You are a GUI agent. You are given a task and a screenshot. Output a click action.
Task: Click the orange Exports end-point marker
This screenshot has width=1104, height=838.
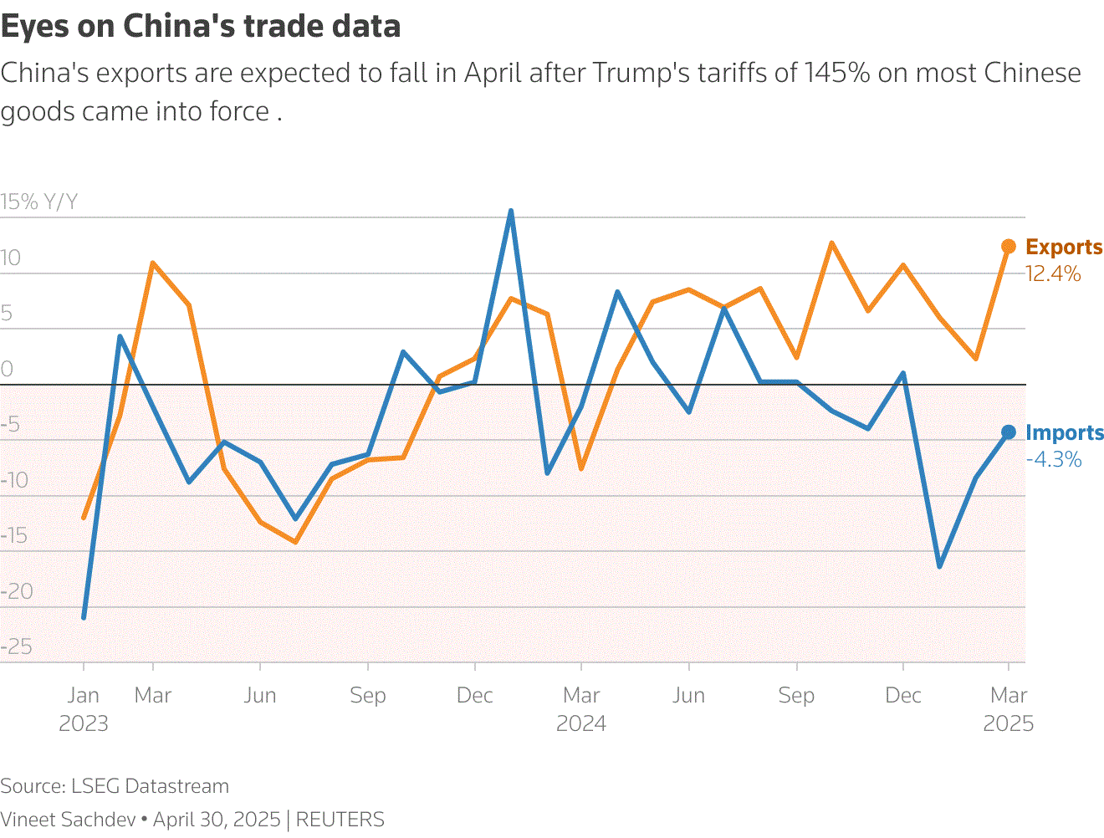[1009, 247]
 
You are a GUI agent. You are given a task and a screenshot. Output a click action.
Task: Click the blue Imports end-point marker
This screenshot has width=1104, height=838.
[1009, 432]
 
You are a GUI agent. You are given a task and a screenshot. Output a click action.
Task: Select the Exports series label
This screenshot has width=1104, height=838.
[1064, 248]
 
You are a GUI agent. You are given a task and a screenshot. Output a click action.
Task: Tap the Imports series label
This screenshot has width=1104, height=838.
[1065, 433]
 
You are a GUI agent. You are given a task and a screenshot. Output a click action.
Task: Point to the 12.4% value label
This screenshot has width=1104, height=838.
[1053, 274]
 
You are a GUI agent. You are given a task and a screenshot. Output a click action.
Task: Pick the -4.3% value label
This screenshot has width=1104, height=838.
[1054, 460]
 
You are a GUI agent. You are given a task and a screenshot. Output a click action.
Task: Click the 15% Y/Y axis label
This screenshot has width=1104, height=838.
[38, 202]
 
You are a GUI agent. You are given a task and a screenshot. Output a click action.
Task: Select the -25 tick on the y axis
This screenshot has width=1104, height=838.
[17, 646]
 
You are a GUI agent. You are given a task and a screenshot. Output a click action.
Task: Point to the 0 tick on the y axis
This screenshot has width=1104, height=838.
[7, 369]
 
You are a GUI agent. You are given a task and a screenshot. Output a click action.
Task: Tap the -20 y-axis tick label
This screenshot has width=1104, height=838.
[17, 591]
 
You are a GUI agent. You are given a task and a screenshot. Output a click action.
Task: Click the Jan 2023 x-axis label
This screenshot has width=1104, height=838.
[83, 708]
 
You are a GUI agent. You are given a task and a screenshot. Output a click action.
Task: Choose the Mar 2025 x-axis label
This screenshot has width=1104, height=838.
[1009, 708]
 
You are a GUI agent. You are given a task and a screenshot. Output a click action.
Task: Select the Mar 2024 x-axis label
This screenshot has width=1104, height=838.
[581, 708]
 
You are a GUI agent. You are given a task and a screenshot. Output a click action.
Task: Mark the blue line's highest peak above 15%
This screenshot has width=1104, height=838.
[511, 212]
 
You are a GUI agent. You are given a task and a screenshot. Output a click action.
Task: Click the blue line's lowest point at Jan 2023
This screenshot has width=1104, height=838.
[84, 617]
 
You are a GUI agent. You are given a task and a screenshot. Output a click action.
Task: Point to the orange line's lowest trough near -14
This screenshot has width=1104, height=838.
[295, 542]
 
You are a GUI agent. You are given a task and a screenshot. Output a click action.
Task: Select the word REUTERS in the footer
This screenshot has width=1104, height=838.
[340, 820]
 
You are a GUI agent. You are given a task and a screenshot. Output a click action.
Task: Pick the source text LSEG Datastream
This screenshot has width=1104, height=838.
[150, 787]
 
